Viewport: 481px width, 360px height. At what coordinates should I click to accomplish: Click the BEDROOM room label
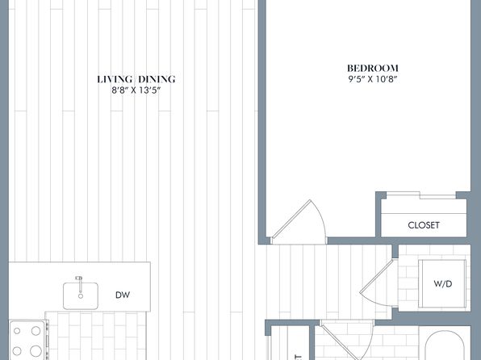coord(373,68)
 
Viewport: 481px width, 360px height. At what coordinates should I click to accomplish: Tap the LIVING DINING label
coord(136,79)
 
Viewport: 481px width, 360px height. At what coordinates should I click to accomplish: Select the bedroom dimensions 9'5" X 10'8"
coord(373,79)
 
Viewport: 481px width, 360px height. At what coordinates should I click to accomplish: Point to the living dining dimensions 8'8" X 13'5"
coord(136,90)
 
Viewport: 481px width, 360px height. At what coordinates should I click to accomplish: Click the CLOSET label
coord(424,225)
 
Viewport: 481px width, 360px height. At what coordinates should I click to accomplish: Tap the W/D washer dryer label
coord(442,284)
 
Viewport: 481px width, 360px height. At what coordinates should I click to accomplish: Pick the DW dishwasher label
coord(123,295)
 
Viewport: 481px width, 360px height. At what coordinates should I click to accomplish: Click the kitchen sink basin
coord(81,296)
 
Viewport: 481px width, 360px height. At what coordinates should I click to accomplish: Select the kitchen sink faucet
coord(80,284)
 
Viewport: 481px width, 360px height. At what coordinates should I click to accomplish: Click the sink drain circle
coord(81,296)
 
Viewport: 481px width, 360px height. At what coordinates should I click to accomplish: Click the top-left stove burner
coord(17,331)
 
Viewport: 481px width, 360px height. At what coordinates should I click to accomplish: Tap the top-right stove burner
coord(36,331)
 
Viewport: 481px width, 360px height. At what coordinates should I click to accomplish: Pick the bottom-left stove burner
coord(17,351)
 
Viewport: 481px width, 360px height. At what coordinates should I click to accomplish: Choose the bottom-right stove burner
coord(36,351)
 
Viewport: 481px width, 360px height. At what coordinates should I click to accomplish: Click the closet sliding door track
coord(421,195)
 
